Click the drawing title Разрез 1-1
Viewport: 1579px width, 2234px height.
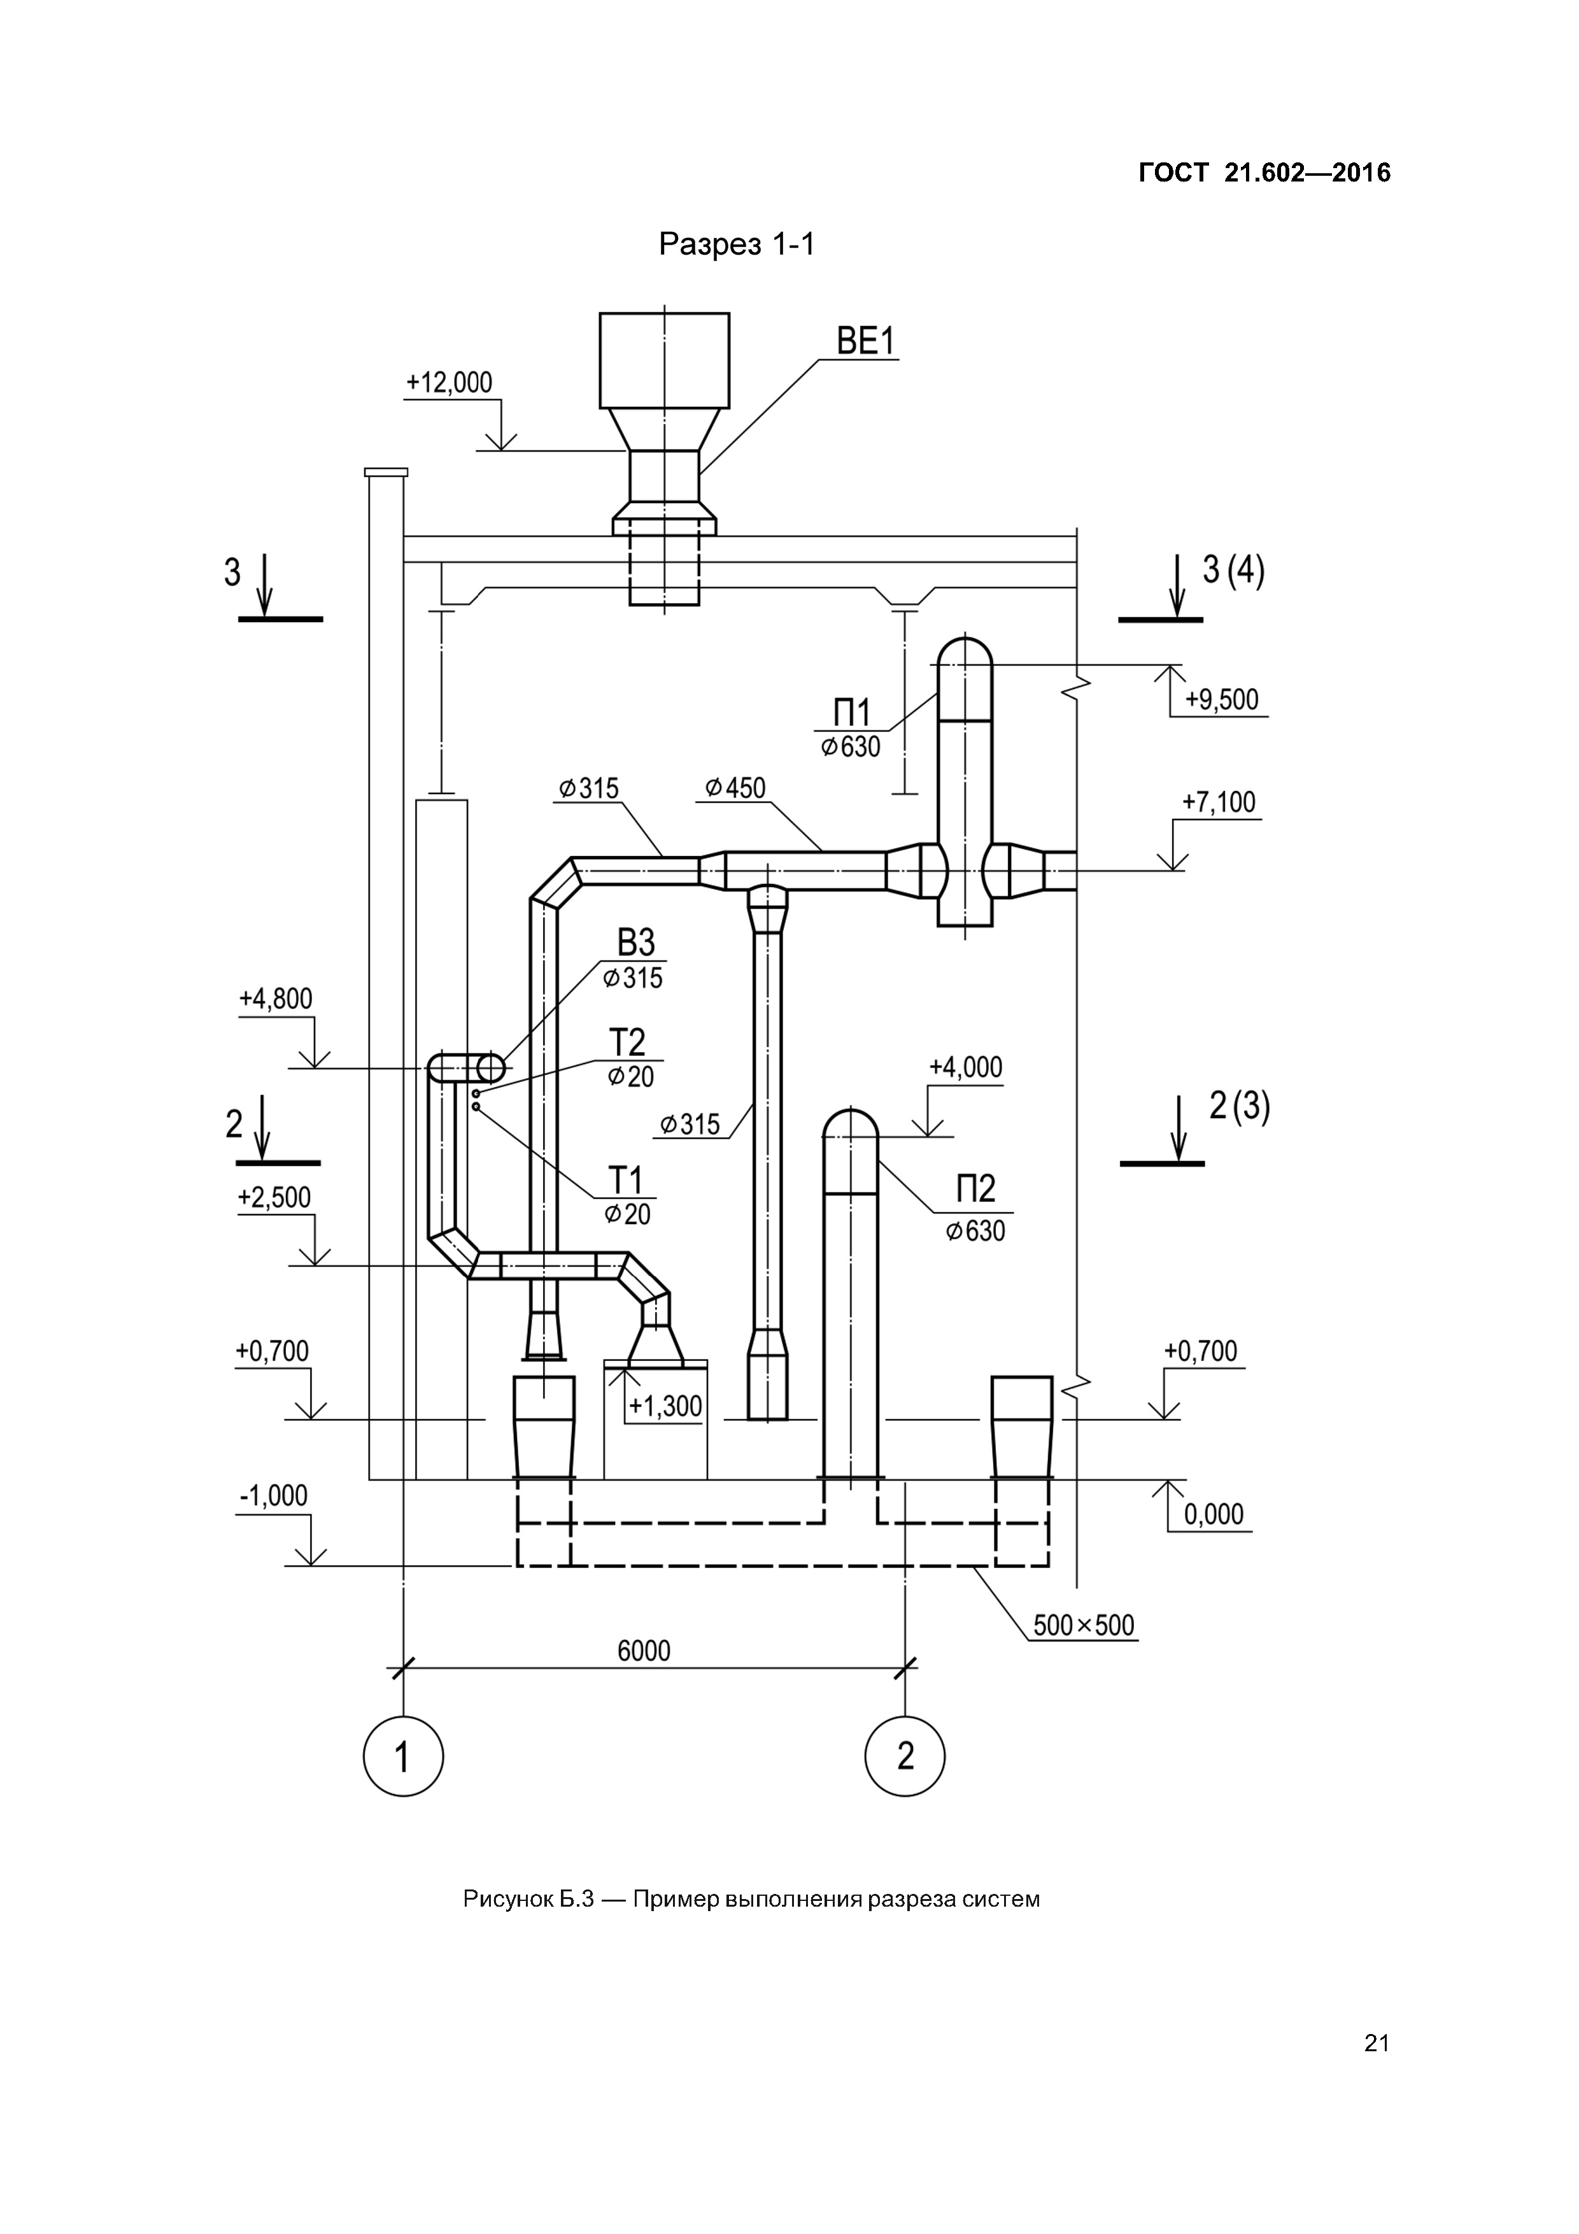click(x=737, y=244)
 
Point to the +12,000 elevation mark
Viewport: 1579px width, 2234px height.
click(x=450, y=382)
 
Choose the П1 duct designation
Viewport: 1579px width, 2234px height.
click(x=853, y=713)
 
